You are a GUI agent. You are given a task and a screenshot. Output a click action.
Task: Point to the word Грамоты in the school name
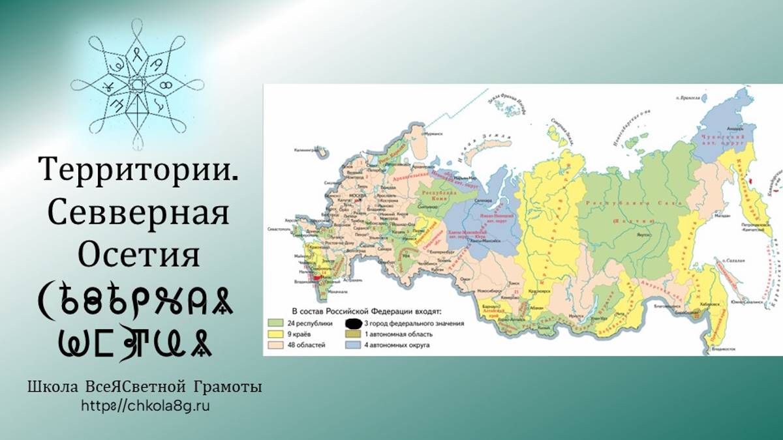click(x=228, y=387)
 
